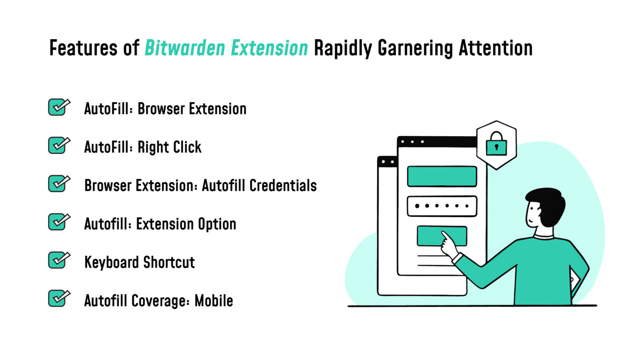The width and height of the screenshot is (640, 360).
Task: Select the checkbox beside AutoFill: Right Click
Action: point(58,146)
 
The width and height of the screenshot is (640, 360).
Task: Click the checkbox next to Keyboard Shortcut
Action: point(58,261)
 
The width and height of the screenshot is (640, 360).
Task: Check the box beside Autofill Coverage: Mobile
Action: point(58,299)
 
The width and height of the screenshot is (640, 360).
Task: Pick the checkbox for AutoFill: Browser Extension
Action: point(58,108)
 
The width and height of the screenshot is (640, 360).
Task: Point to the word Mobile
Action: point(214,301)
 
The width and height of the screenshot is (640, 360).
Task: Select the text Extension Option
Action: point(187,224)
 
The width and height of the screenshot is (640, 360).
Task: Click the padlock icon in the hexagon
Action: point(496,144)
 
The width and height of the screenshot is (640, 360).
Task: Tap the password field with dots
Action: point(442,206)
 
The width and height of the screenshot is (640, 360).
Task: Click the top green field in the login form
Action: point(442,177)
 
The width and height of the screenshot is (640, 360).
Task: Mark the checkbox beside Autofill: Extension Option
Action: point(58,222)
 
